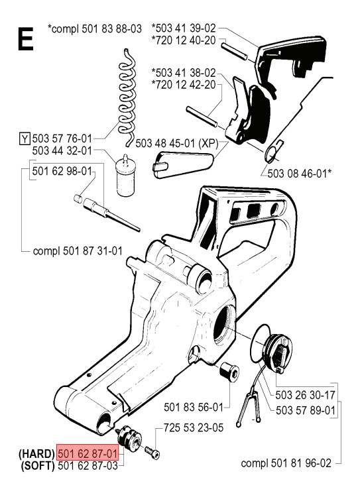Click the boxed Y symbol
click(25, 139)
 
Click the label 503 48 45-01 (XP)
click(177, 142)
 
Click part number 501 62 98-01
click(63, 171)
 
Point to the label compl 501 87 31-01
click(76, 252)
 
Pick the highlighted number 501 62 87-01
click(88, 454)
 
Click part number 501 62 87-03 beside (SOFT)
click(88, 466)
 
